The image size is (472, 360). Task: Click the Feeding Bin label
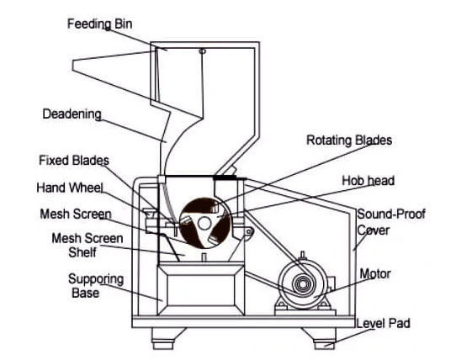click(99, 24)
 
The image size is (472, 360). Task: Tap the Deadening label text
click(72, 114)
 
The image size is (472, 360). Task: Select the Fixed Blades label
click(74, 160)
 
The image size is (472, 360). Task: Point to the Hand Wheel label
click(70, 188)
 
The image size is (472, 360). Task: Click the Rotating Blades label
click(349, 140)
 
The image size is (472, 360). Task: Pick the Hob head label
click(369, 181)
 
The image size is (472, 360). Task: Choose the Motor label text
click(375, 273)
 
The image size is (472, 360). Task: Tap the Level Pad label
click(383, 323)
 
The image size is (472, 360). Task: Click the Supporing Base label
click(96, 286)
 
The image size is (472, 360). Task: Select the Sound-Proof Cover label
click(391, 222)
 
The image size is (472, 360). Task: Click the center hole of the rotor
click(204, 224)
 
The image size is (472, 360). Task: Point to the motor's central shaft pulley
click(304, 283)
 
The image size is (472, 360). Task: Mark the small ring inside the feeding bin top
click(203, 51)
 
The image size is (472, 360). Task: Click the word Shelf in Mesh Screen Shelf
click(82, 252)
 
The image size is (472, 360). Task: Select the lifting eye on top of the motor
click(303, 255)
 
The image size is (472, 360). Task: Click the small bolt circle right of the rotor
click(249, 231)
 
